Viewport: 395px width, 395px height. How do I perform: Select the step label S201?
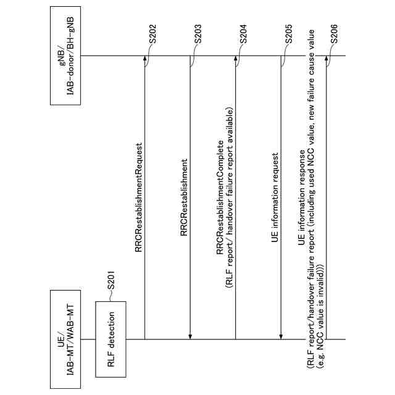(112, 280)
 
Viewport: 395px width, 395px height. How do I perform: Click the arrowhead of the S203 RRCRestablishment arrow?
(190, 336)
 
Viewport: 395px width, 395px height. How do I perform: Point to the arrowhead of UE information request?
(281, 336)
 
